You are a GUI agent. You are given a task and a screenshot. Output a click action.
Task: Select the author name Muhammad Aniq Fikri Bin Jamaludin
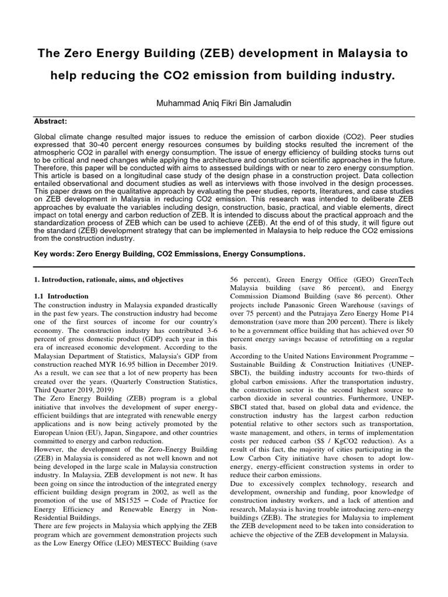(223, 103)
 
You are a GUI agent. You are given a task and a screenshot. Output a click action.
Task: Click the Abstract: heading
(51, 121)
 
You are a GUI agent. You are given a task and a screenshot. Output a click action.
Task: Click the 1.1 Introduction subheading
(61, 296)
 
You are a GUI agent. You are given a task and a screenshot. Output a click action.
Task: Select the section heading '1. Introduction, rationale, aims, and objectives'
(108, 280)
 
